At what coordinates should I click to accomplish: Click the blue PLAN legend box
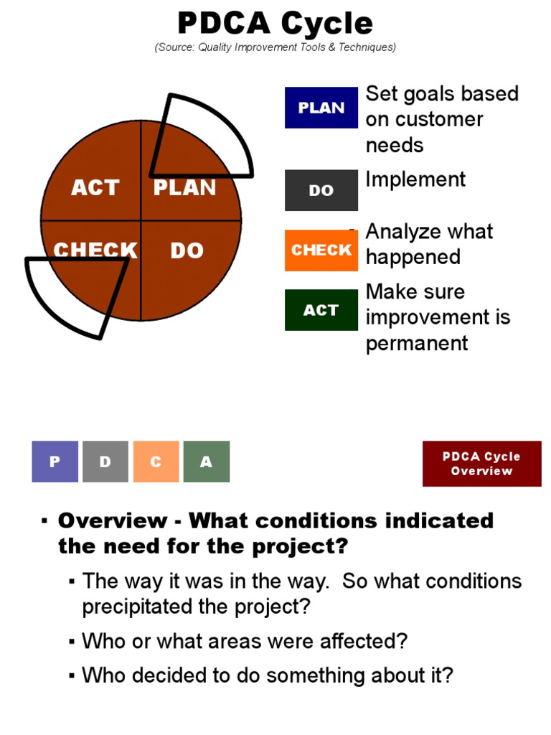tap(321, 108)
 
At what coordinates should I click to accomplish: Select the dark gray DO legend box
tap(321, 190)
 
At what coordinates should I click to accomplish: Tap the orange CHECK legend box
tap(321, 250)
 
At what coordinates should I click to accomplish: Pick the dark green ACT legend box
tap(321, 309)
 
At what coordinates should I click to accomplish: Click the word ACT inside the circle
tap(95, 188)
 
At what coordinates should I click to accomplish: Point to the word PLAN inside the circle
tap(184, 188)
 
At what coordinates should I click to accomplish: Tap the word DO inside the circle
tap(187, 251)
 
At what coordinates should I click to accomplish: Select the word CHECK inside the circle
tap(95, 251)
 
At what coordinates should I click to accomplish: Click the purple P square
tap(55, 462)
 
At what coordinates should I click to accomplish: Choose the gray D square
tap(105, 462)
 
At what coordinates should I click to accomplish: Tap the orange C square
tap(156, 462)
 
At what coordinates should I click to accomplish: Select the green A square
tap(207, 462)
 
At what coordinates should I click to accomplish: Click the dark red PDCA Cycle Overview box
tap(481, 464)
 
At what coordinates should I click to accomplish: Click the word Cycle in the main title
tap(326, 24)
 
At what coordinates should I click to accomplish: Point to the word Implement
tap(415, 179)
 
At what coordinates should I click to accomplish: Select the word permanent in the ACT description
tap(417, 343)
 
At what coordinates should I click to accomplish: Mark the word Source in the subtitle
tap(176, 47)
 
